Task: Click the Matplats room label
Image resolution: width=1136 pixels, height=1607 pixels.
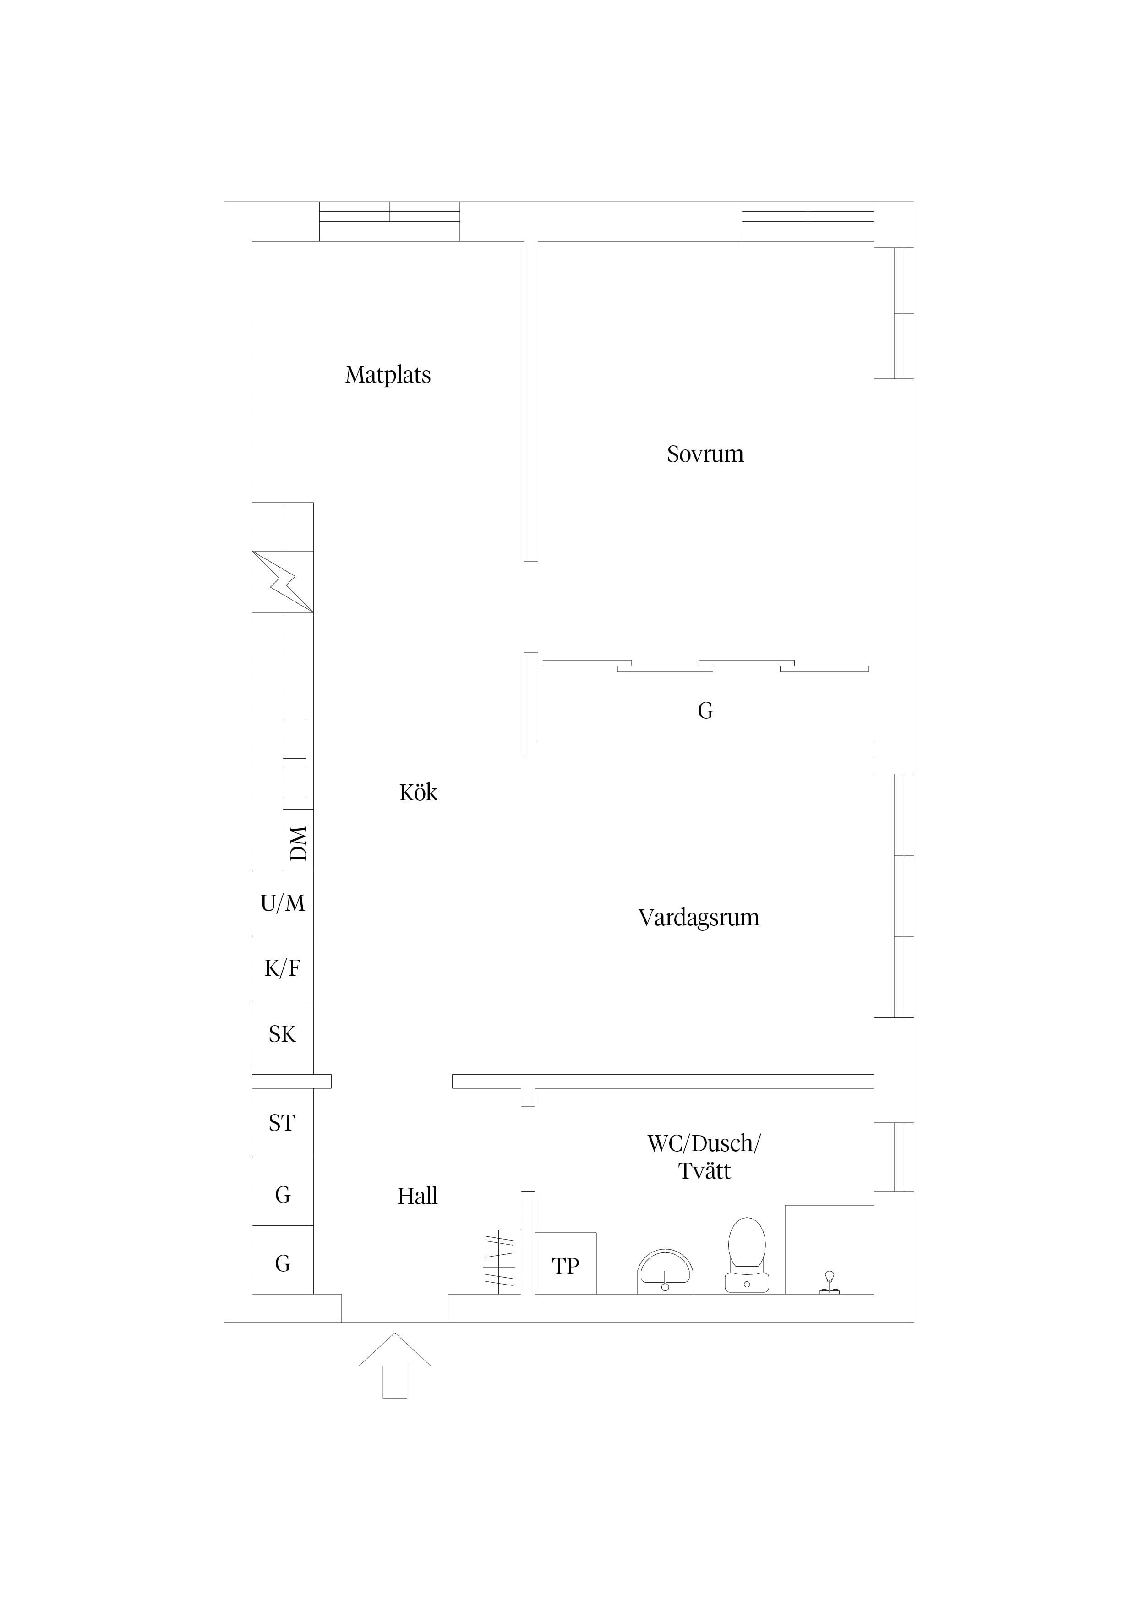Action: [388, 375]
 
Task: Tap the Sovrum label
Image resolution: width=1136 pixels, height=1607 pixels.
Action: [705, 454]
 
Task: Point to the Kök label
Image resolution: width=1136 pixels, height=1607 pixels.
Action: [418, 793]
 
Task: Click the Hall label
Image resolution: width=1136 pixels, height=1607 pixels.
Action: [417, 1196]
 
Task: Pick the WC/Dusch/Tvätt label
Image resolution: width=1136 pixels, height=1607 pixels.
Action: [704, 1158]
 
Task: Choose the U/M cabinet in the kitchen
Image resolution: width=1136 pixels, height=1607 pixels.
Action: [283, 903]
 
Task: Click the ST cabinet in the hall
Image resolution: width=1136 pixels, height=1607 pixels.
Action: [283, 1123]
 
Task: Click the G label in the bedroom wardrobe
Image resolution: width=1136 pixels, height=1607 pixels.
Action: [705, 711]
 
